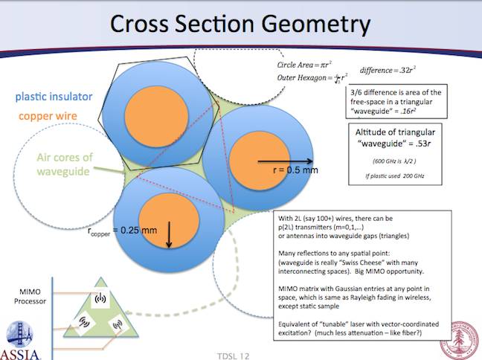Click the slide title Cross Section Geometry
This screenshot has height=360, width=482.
point(240,25)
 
